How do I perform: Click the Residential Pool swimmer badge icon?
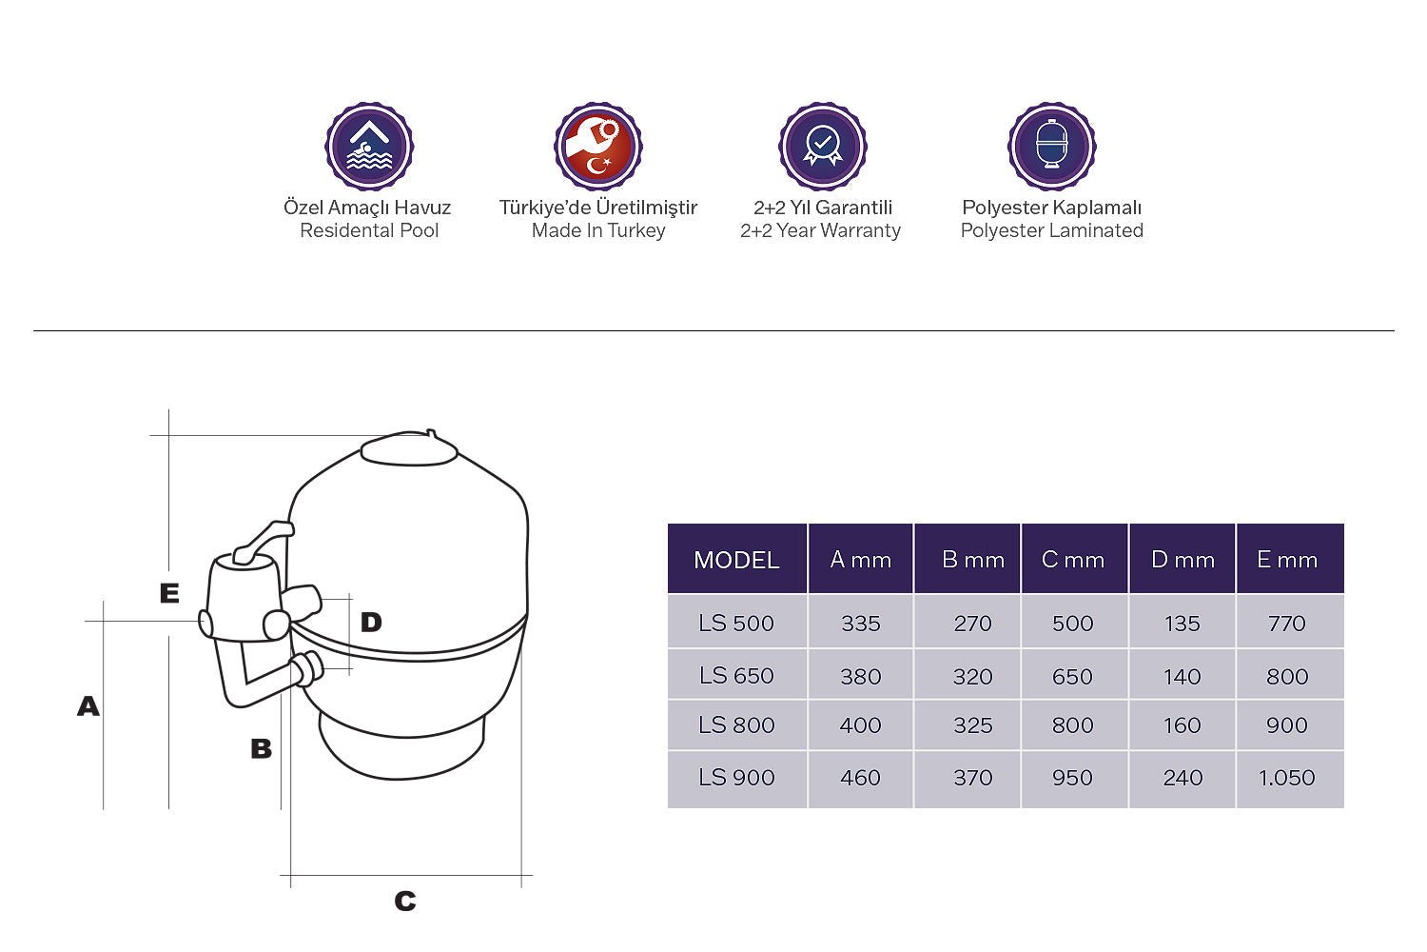pyautogui.click(x=369, y=147)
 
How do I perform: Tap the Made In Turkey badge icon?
pyautogui.click(x=598, y=147)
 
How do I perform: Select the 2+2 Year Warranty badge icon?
pyautogui.click(x=823, y=147)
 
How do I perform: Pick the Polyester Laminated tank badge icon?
pyautogui.click(x=1052, y=147)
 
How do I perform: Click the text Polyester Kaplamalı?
pyautogui.click(x=1051, y=208)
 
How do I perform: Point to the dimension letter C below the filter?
pyautogui.click(x=405, y=901)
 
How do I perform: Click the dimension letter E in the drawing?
pyautogui.click(x=169, y=593)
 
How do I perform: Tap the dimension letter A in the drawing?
pyautogui.click(x=88, y=706)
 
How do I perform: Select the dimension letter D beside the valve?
pyautogui.click(x=371, y=623)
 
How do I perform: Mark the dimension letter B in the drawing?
pyautogui.click(x=261, y=749)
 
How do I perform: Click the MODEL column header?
pyautogui.click(x=736, y=560)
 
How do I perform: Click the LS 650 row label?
pyautogui.click(x=736, y=676)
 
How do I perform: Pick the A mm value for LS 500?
pyautogui.click(x=860, y=624)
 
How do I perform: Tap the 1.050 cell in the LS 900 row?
pyautogui.click(x=1286, y=778)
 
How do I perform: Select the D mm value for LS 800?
pyautogui.click(x=1182, y=725)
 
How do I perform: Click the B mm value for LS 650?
pyautogui.click(x=972, y=676)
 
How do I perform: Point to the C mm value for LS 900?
pyautogui.click(x=1072, y=778)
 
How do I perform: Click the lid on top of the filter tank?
pyautogui.click(x=410, y=448)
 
